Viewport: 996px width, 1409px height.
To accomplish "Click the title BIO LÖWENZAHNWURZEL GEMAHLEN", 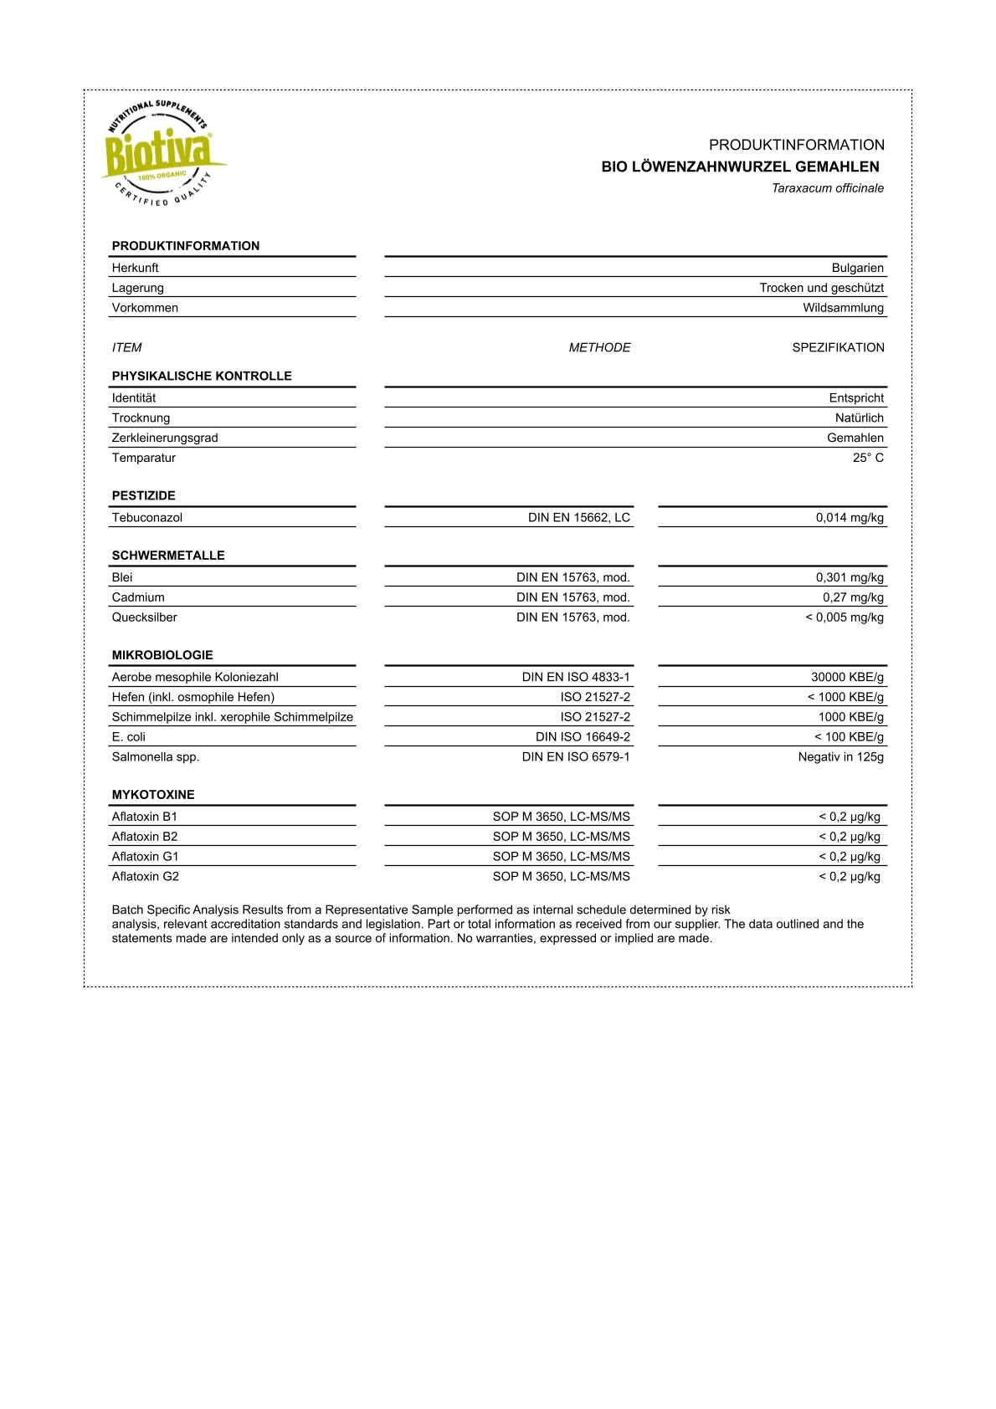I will (740, 167).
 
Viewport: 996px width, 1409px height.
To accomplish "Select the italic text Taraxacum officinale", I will (827, 188).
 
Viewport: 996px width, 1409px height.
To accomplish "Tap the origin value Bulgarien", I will (857, 268).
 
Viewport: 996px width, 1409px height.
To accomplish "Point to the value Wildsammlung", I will (843, 308).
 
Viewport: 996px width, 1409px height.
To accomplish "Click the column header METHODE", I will (599, 347).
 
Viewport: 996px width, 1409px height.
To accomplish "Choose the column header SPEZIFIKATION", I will (838, 347).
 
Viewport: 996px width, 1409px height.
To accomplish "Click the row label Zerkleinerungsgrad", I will (165, 438).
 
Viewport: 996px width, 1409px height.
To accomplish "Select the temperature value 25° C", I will (868, 458).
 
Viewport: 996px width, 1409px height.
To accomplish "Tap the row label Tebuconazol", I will (147, 518).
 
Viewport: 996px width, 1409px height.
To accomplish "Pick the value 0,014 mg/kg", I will (850, 518).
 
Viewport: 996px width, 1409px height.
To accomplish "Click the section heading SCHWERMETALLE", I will (168, 556).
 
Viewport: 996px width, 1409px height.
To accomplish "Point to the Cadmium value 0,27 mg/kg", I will (853, 597).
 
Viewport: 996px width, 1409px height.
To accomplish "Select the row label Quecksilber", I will (145, 617).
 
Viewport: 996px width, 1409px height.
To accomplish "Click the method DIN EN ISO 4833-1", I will (576, 677).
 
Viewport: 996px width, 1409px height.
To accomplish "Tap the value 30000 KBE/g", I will (847, 677).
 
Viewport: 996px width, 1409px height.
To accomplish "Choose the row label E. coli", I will (129, 737).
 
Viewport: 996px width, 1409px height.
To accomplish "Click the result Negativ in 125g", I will (840, 757).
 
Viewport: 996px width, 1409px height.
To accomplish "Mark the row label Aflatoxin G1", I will (146, 857).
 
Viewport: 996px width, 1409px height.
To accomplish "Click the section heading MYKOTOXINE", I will (153, 795).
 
